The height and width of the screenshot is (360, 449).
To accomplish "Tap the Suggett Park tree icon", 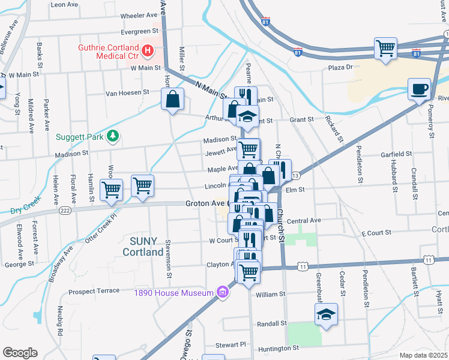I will point(112,137).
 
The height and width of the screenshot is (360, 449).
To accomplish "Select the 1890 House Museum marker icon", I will point(223,292).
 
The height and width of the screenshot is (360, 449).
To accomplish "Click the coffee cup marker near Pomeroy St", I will point(419,89).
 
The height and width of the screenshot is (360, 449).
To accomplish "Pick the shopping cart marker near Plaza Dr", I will point(385,47).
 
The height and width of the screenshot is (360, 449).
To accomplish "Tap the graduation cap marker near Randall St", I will point(326,314).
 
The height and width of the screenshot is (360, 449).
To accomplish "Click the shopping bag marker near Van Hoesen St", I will point(172,99).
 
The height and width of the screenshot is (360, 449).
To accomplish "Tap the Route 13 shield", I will point(295,175).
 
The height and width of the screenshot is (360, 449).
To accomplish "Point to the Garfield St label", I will point(396,154).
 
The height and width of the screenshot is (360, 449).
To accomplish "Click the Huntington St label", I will point(279,348).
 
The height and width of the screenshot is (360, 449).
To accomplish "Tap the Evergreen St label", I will point(139,31).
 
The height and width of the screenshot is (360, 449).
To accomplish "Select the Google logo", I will point(20,353).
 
